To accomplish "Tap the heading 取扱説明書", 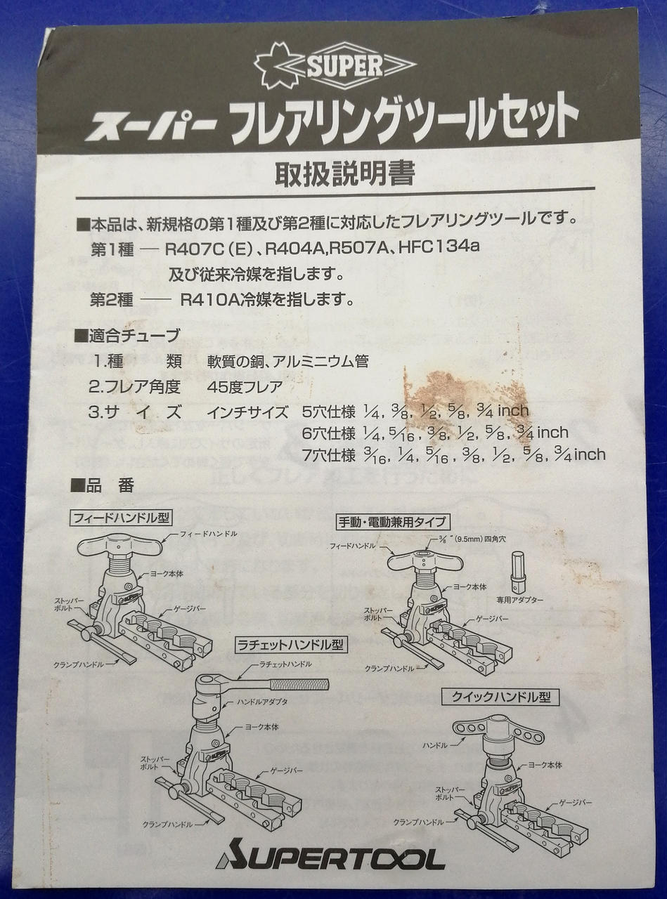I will (344, 172).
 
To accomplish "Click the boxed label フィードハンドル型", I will (122, 518).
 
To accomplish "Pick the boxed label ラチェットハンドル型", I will (290, 644).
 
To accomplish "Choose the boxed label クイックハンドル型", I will (500, 697).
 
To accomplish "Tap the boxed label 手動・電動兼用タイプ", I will (394, 521).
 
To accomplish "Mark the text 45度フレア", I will (245, 386).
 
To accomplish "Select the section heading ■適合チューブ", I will (127, 336).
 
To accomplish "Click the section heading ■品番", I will (103, 485).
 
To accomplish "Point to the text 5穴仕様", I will (328, 411).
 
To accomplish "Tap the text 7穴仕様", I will (328, 455).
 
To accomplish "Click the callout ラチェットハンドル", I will (285, 664).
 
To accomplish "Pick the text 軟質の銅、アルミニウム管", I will (287, 362).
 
